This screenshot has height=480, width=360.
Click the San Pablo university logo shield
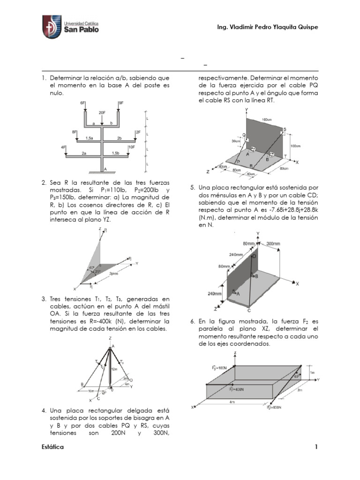[x=52, y=27]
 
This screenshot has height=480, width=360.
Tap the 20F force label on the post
[x=102, y=113]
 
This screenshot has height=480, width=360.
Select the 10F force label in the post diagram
[x=132, y=147]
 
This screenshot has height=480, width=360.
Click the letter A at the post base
[x=105, y=169]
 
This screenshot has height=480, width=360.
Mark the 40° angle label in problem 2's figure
[x=91, y=268]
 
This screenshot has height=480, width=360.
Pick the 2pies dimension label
[x=113, y=273]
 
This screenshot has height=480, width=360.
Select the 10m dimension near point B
[x=91, y=390]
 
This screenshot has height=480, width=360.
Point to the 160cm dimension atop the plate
[x=266, y=120]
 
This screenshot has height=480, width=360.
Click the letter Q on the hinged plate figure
[x=244, y=134]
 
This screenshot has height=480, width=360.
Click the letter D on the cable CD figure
[x=255, y=256]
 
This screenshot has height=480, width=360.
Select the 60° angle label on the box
[x=296, y=376]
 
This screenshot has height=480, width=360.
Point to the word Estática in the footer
[x=52, y=447]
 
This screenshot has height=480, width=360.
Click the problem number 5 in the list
[x=192, y=187]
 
